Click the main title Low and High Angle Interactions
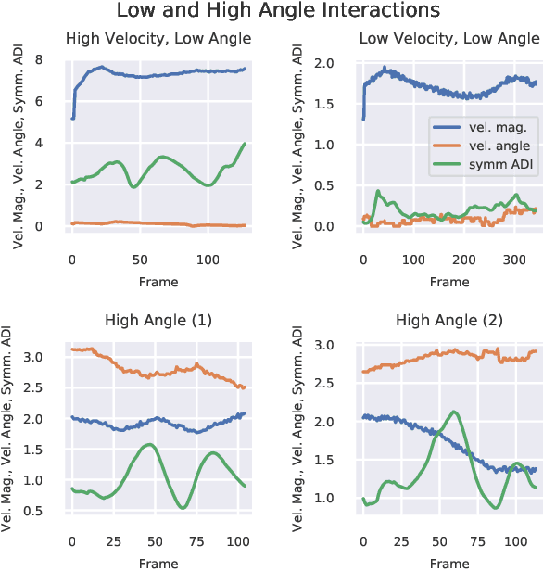(x=271, y=11)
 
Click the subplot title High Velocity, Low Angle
(x=159, y=39)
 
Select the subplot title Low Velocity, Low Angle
(x=449, y=39)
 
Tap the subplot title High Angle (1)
(x=159, y=321)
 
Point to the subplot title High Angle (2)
(x=449, y=321)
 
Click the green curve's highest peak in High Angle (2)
(x=453, y=412)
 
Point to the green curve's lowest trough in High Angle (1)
(x=183, y=507)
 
